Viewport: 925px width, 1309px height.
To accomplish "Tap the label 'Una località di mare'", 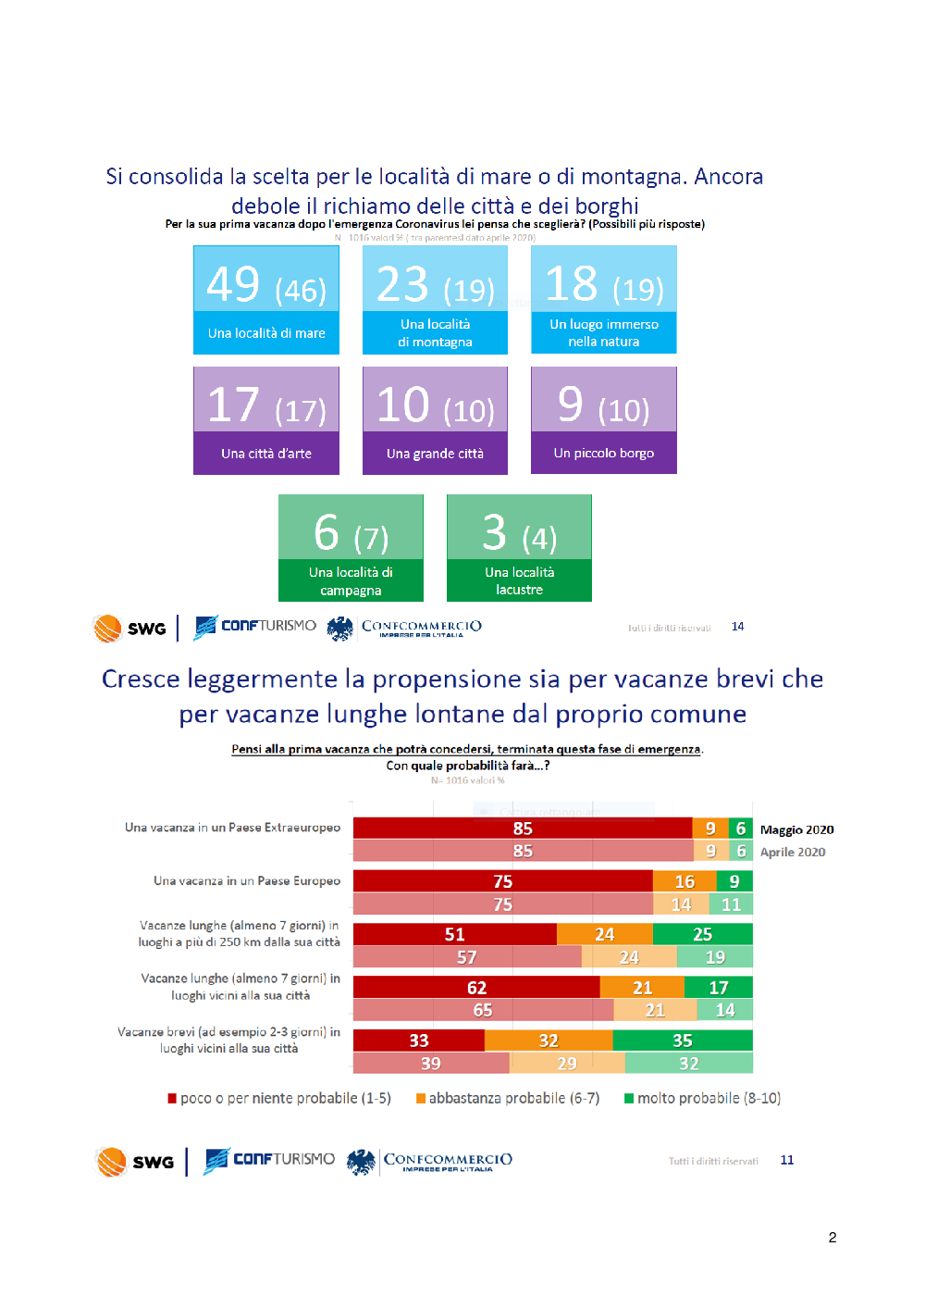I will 266,333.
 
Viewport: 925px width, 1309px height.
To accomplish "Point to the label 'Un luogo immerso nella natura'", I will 604,333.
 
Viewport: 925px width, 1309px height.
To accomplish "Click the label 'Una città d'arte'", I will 266,454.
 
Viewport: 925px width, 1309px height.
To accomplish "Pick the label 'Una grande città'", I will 435,454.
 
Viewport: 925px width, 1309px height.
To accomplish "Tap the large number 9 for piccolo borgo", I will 571,404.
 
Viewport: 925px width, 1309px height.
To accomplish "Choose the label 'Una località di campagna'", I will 351,581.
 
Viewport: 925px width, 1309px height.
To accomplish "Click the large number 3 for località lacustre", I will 495,532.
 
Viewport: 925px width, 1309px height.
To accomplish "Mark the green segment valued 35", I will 683,1041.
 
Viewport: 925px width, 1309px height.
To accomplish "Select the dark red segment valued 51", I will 454,934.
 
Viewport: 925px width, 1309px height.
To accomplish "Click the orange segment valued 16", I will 684,881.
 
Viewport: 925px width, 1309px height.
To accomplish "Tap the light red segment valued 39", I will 431,1063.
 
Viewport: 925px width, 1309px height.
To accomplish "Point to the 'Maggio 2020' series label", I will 796,829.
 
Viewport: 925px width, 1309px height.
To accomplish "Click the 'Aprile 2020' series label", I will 793,852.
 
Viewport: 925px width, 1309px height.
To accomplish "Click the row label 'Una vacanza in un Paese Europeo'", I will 247,880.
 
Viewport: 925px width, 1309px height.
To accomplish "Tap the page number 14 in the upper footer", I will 737,627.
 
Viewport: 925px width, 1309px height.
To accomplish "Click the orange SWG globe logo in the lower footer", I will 111,1161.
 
